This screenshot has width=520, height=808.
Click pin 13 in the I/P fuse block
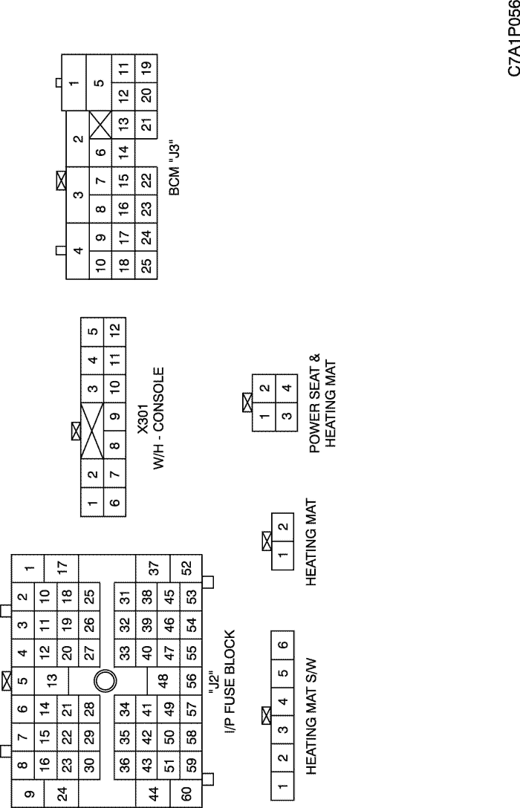tap(51, 680)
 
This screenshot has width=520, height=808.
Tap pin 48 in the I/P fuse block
tap(163, 681)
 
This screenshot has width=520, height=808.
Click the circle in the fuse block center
tap(105, 681)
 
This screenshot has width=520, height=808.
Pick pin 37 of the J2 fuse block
tap(154, 568)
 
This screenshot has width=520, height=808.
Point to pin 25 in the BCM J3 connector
tap(146, 265)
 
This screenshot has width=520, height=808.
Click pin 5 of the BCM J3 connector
tap(100, 82)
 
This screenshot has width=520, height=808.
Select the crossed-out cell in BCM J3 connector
tap(100, 125)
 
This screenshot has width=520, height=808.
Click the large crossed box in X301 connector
tap(92, 431)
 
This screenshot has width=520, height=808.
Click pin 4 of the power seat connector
tap(287, 388)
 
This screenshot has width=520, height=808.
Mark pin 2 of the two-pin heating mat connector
tap(282, 527)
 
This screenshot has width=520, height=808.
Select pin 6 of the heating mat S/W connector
tap(282, 645)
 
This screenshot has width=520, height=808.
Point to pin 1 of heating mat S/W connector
tap(282, 786)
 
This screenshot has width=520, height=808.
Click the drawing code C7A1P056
tap(514, 39)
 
